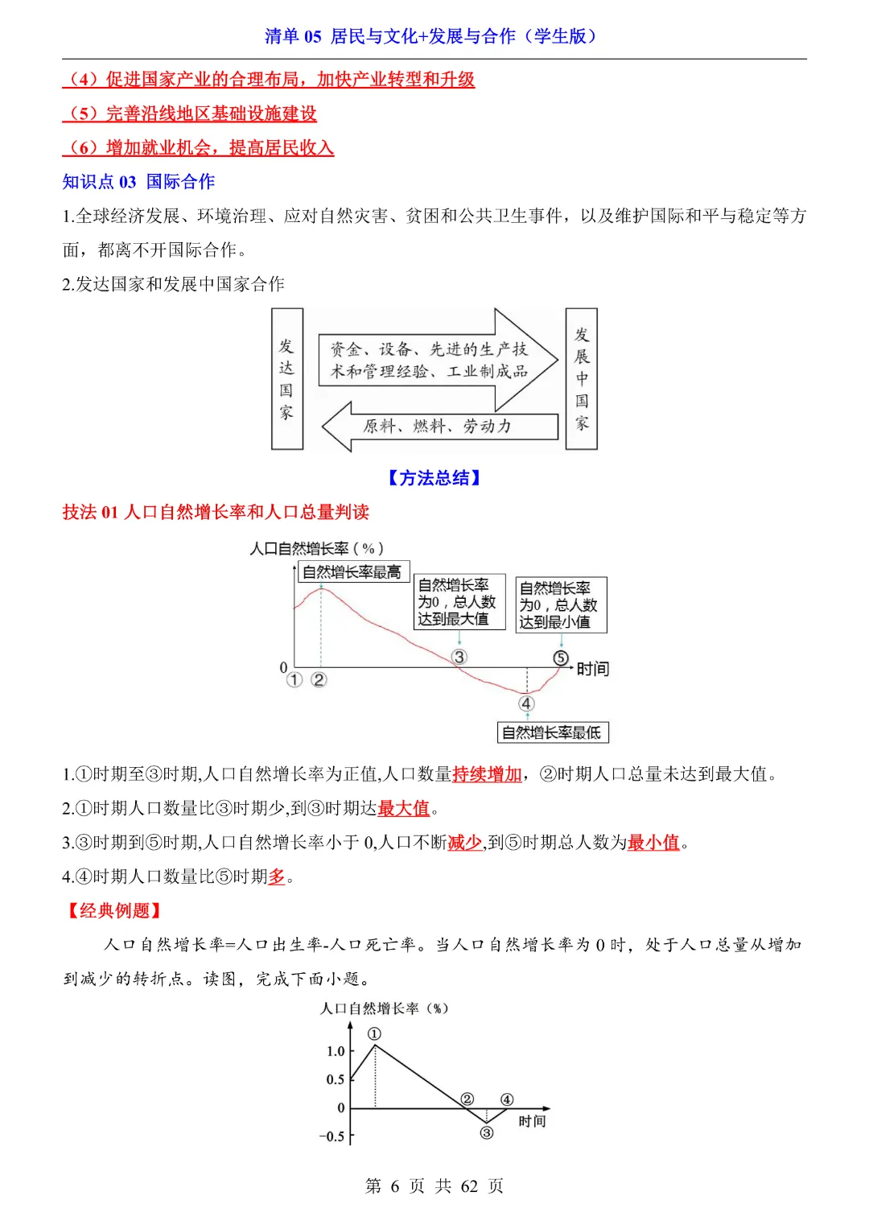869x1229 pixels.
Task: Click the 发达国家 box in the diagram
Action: click(x=286, y=378)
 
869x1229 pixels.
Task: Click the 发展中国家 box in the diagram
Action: click(x=581, y=378)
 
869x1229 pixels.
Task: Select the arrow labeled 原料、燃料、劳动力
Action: click(x=439, y=427)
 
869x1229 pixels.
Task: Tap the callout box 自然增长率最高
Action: click(x=352, y=572)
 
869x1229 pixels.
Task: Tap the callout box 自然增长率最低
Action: click(x=552, y=732)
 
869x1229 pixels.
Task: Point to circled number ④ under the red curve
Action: click(x=526, y=703)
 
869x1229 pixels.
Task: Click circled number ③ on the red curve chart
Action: click(x=459, y=657)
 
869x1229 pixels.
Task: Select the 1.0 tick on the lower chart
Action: click(x=336, y=1051)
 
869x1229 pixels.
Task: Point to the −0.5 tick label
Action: click(x=332, y=1136)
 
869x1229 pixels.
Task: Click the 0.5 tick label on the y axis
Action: click(x=336, y=1079)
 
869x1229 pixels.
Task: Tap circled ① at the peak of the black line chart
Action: click(x=374, y=1033)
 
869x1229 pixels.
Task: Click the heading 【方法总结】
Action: click(x=434, y=478)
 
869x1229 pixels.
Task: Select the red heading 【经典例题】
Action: click(x=114, y=910)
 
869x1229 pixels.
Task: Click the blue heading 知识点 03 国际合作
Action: click(x=138, y=182)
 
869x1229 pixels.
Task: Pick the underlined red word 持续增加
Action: click(x=487, y=774)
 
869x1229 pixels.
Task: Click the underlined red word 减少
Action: click(x=464, y=843)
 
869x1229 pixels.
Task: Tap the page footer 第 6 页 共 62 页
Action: click(x=434, y=1186)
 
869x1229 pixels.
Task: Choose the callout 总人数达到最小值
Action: click(x=561, y=605)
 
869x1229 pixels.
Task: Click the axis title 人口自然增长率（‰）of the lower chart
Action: click(x=385, y=1008)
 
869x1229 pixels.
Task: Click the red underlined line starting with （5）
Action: click(x=190, y=113)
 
